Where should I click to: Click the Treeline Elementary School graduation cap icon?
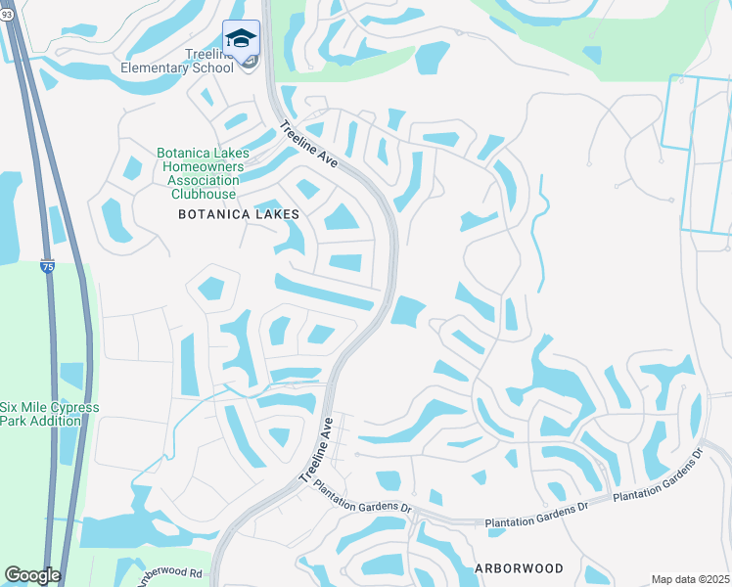pyautogui.click(x=241, y=38)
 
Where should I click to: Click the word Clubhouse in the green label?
pyautogui.click(x=205, y=194)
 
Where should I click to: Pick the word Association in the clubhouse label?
pyautogui.click(x=205, y=180)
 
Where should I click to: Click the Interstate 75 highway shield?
pyautogui.click(x=47, y=265)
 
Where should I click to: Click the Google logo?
pyautogui.click(x=32, y=575)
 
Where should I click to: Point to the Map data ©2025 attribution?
pyautogui.click(x=689, y=579)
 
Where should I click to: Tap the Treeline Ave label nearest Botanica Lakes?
pyautogui.click(x=308, y=146)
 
